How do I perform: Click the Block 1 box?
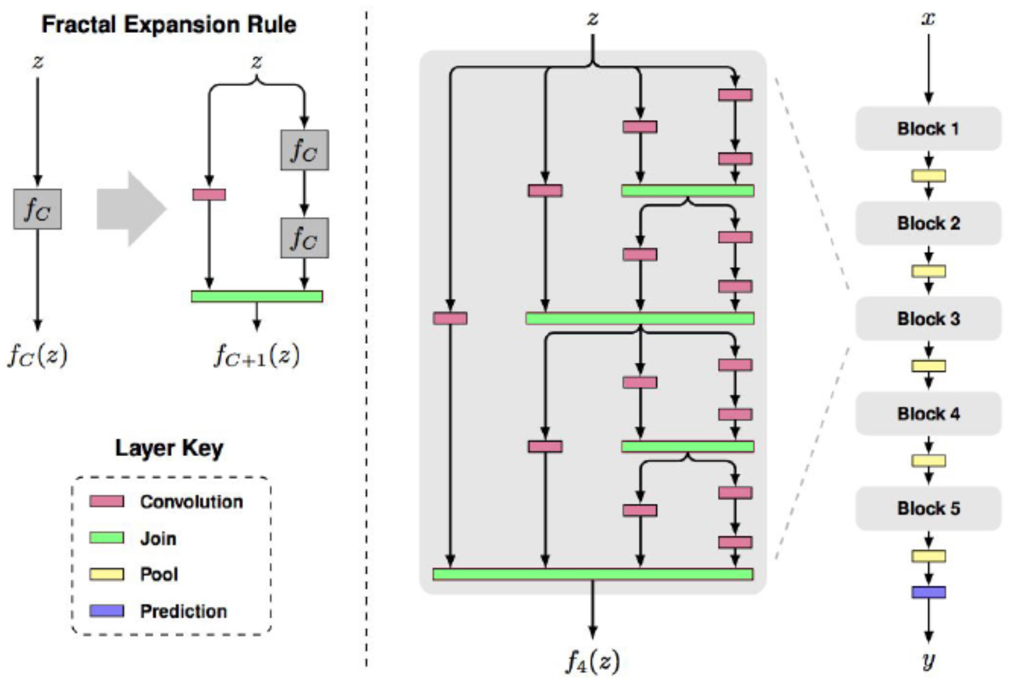coord(928,128)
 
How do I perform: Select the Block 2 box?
coord(928,223)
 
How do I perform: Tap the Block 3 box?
coord(928,319)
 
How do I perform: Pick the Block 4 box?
coord(928,413)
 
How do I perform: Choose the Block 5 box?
coord(928,508)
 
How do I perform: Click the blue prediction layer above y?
coord(928,592)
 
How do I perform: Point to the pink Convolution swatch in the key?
coord(106,501)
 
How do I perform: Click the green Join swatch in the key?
coord(106,538)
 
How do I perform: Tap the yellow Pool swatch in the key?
coord(106,574)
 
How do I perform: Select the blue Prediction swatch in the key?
coord(106,611)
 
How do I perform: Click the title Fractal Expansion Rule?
coord(169,25)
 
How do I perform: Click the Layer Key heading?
coord(169,448)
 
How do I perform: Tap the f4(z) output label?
coord(592,662)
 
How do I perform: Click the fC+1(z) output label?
coord(256,354)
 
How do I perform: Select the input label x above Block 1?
coord(928,19)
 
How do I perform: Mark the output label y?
coord(928,661)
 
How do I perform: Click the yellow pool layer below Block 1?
coord(928,176)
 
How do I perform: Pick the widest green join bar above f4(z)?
coord(593,574)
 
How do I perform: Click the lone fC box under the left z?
coord(38,209)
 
